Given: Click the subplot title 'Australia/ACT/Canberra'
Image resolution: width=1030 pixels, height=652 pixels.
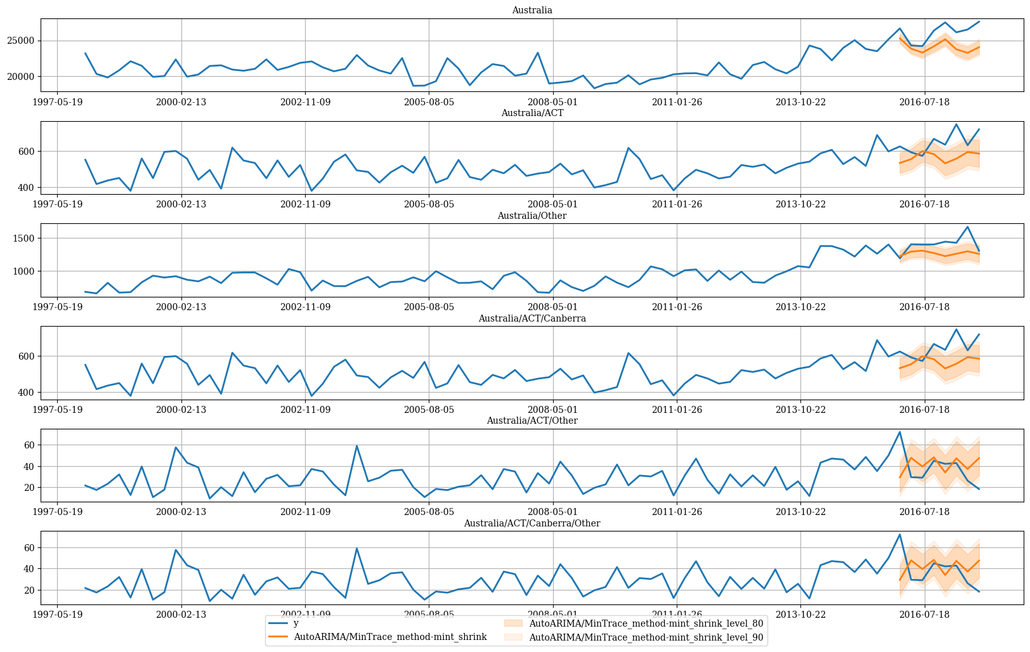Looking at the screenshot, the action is [x=532, y=318].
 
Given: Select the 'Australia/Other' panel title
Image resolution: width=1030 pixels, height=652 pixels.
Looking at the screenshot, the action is [x=532, y=216].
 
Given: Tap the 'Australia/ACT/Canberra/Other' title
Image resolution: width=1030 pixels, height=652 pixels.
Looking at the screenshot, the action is [x=532, y=523].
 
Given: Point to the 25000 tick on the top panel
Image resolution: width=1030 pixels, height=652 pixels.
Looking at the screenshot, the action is [x=21, y=41].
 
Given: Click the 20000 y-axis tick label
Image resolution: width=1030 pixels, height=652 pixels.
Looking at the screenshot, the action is [x=21, y=77].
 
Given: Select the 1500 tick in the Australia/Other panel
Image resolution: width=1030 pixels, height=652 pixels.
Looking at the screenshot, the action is [x=24, y=238].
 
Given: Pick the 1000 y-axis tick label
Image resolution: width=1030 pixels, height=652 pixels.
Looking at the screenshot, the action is [x=24, y=271].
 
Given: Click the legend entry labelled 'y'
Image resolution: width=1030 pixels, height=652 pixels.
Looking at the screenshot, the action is [x=296, y=623].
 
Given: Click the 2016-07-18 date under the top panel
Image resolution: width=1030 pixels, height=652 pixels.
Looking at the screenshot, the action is [x=924, y=101].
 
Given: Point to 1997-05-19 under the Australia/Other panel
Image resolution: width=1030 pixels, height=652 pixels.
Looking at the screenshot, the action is [x=58, y=307].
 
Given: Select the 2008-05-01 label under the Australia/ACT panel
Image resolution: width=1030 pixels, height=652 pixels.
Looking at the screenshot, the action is [x=552, y=204].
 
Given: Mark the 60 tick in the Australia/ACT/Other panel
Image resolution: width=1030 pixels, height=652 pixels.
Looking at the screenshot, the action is [x=29, y=445].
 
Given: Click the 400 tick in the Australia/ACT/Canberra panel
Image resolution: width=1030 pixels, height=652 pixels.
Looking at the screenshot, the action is [x=27, y=393].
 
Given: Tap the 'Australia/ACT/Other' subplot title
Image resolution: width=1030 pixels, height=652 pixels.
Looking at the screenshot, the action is [x=532, y=421].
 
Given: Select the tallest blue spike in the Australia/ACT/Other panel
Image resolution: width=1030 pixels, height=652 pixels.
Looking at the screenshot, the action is [x=900, y=432].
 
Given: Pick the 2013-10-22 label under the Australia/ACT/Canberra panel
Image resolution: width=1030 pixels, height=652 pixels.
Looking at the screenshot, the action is [x=800, y=409].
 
